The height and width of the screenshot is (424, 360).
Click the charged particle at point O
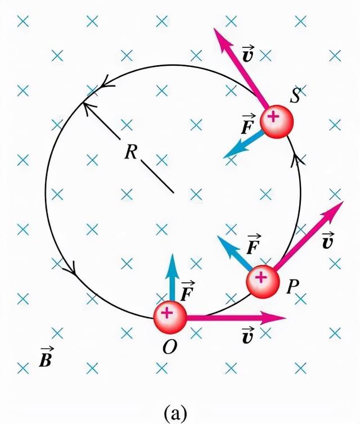(170, 317)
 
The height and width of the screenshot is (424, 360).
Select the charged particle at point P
(263, 282)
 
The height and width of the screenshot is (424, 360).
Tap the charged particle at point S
(277, 121)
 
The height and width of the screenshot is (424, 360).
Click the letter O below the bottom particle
(170, 346)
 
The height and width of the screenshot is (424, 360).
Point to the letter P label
(292, 286)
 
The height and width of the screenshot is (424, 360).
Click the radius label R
(131, 152)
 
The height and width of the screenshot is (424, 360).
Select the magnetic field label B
(46, 357)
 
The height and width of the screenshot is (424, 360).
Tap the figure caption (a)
(175, 413)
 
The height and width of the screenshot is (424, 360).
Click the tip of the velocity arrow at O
(286, 318)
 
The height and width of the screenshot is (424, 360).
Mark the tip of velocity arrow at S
(214, 28)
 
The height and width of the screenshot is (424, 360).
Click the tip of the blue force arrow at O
(172, 254)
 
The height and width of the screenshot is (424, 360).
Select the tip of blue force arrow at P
(217, 236)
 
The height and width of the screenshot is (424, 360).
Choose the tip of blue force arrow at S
(223, 158)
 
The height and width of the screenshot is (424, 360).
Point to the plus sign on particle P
(261, 277)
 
